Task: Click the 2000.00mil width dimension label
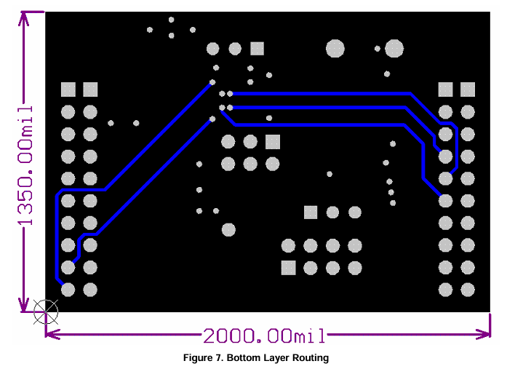pyautogui.click(x=264, y=336)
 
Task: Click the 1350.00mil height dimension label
pyautogui.click(x=25, y=166)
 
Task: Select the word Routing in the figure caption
pyautogui.click(x=311, y=358)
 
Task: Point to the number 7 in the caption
pyautogui.click(x=220, y=358)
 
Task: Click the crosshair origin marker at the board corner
pyautogui.click(x=46, y=312)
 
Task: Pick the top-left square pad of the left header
pyautogui.click(x=68, y=90)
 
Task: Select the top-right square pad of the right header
pyautogui.click(x=468, y=90)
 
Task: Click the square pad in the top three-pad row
pyautogui.click(x=257, y=49)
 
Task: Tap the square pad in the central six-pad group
pyautogui.click(x=273, y=142)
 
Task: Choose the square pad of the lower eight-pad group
pyautogui.click(x=289, y=268)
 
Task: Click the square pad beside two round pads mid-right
pyautogui.click(x=311, y=213)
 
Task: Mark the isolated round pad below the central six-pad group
pyautogui.click(x=228, y=230)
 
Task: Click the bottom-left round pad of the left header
pyautogui.click(x=68, y=290)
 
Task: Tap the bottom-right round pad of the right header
pyautogui.click(x=468, y=290)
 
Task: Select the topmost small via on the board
pyautogui.click(x=172, y=20)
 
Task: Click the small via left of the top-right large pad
pyautogui.click(x=378, y=49)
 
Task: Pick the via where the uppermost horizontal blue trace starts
pyautogui.click(x=230, y=93)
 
